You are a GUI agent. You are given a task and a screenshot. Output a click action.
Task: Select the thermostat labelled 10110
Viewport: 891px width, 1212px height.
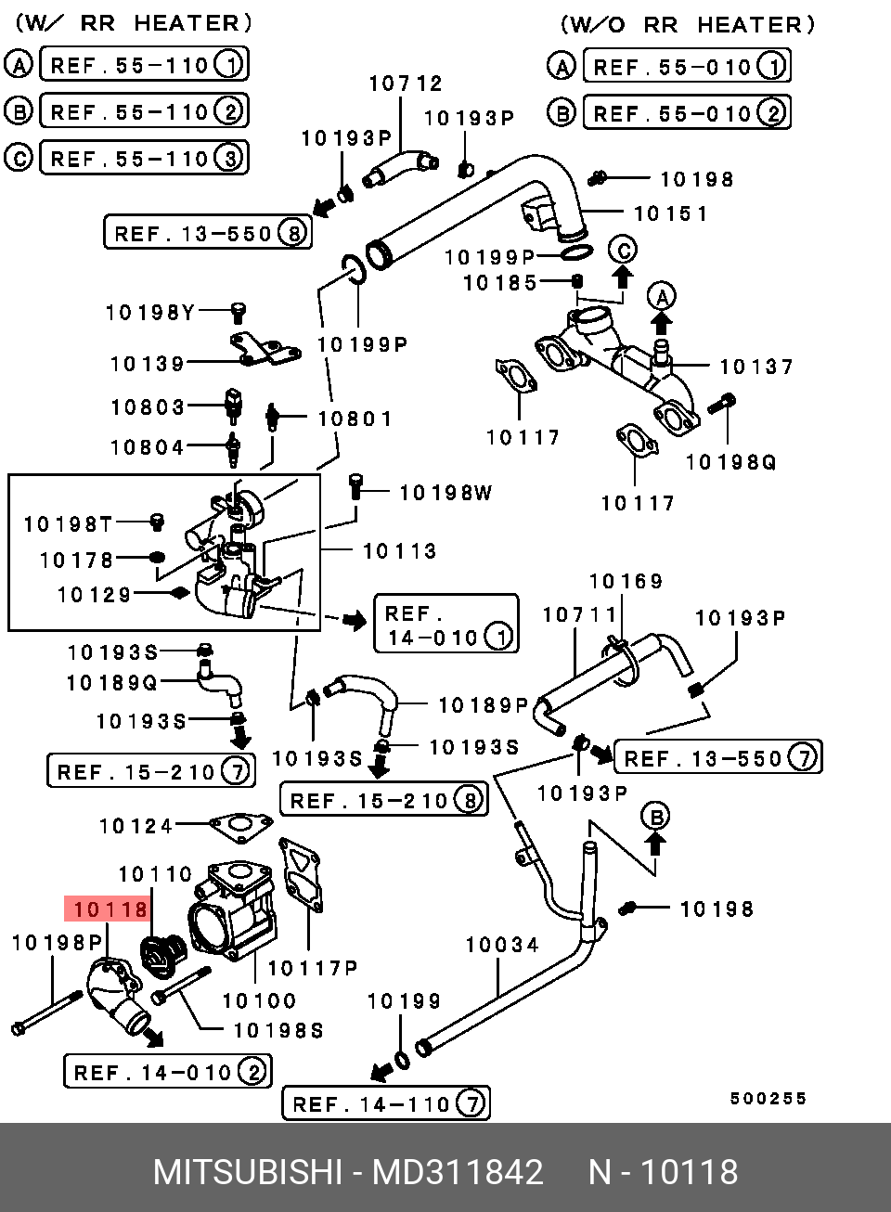pos(163,956)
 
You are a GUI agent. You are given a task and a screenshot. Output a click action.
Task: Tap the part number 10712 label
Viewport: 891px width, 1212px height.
pos(406,84)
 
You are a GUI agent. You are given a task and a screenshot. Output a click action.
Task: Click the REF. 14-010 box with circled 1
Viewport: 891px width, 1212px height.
pos(446,625)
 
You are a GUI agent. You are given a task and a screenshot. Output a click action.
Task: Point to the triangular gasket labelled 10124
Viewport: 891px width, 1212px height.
pos(240,824)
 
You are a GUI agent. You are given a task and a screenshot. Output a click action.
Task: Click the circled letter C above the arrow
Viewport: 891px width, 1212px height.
pos(623,250)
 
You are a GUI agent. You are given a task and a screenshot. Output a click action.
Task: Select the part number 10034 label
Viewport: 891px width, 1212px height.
pos(502,945)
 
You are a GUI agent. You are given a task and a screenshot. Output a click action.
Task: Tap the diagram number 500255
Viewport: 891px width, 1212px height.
pos(768,1098)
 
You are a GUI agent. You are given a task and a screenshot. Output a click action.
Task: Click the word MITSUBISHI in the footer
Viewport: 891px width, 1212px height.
pos(247,1172)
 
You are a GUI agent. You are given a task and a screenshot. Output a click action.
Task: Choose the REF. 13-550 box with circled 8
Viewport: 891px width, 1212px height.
pos(208,232)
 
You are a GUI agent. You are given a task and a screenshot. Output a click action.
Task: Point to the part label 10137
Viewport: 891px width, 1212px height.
pos(756,367)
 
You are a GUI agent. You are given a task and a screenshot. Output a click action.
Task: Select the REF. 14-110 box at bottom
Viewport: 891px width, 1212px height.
pos(385,1103)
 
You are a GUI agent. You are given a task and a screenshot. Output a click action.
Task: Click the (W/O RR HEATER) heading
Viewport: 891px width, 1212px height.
pos(687,25)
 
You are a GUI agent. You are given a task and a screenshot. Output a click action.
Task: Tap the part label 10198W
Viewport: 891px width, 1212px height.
pos(445,493)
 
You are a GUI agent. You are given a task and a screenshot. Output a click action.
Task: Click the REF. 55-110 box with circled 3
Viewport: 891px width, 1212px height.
pos(144,158)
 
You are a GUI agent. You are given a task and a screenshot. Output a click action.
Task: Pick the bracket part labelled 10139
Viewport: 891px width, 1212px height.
pos(265,351)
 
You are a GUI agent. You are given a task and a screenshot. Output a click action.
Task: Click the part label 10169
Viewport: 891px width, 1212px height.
pos(626,582)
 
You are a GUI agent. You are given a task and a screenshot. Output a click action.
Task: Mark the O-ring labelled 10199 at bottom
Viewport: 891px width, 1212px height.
pos(401,1060)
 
